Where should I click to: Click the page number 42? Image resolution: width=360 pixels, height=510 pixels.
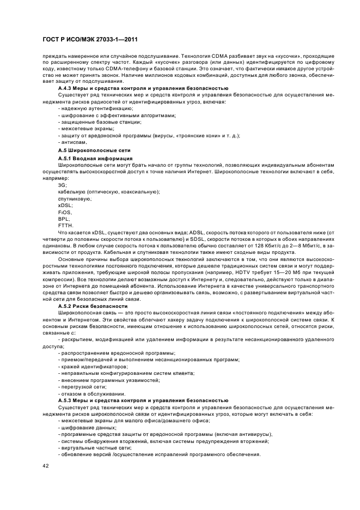46,466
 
